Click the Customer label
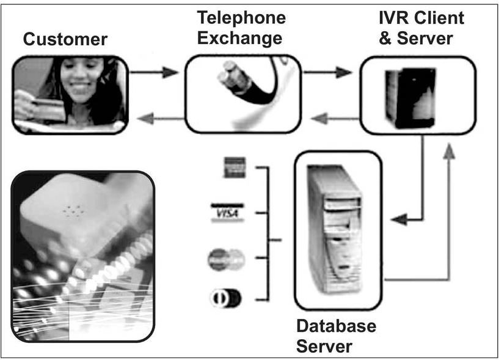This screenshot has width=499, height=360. pos(65,40)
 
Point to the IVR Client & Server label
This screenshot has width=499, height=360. pos(421,28)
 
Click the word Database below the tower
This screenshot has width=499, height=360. pos(336,326)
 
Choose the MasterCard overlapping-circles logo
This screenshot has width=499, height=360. pos(225,259)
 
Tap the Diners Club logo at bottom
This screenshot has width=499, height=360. pos(224,299)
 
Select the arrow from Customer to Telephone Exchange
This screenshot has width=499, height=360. pos(154,73)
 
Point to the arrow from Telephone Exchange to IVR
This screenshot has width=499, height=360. pos(327,73)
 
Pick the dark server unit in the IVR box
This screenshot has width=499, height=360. pos(417,98)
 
